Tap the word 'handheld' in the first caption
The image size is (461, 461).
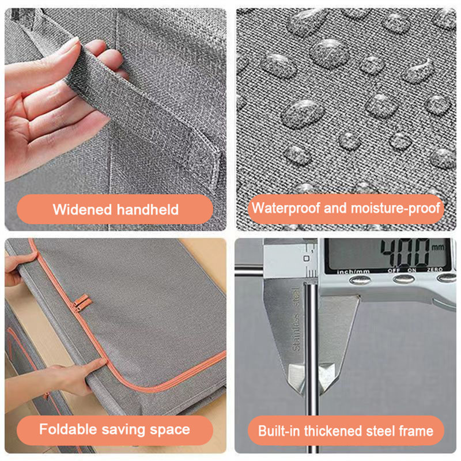(x=148, y=209)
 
